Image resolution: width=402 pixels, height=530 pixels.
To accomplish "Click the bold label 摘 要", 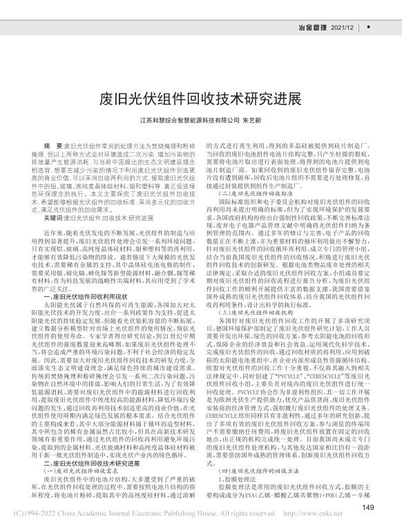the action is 52,147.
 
